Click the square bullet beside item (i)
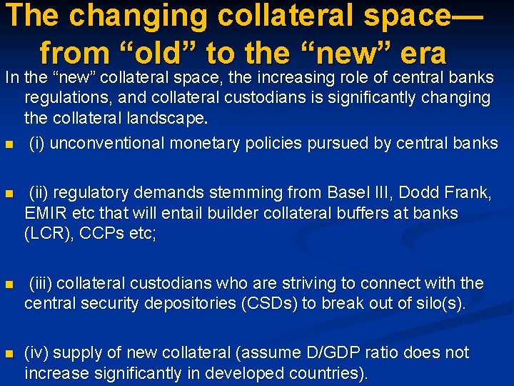coord(9,144)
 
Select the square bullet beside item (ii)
coord(9,194)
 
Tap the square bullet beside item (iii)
coord(9,284)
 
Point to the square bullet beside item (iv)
coord(9,354)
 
